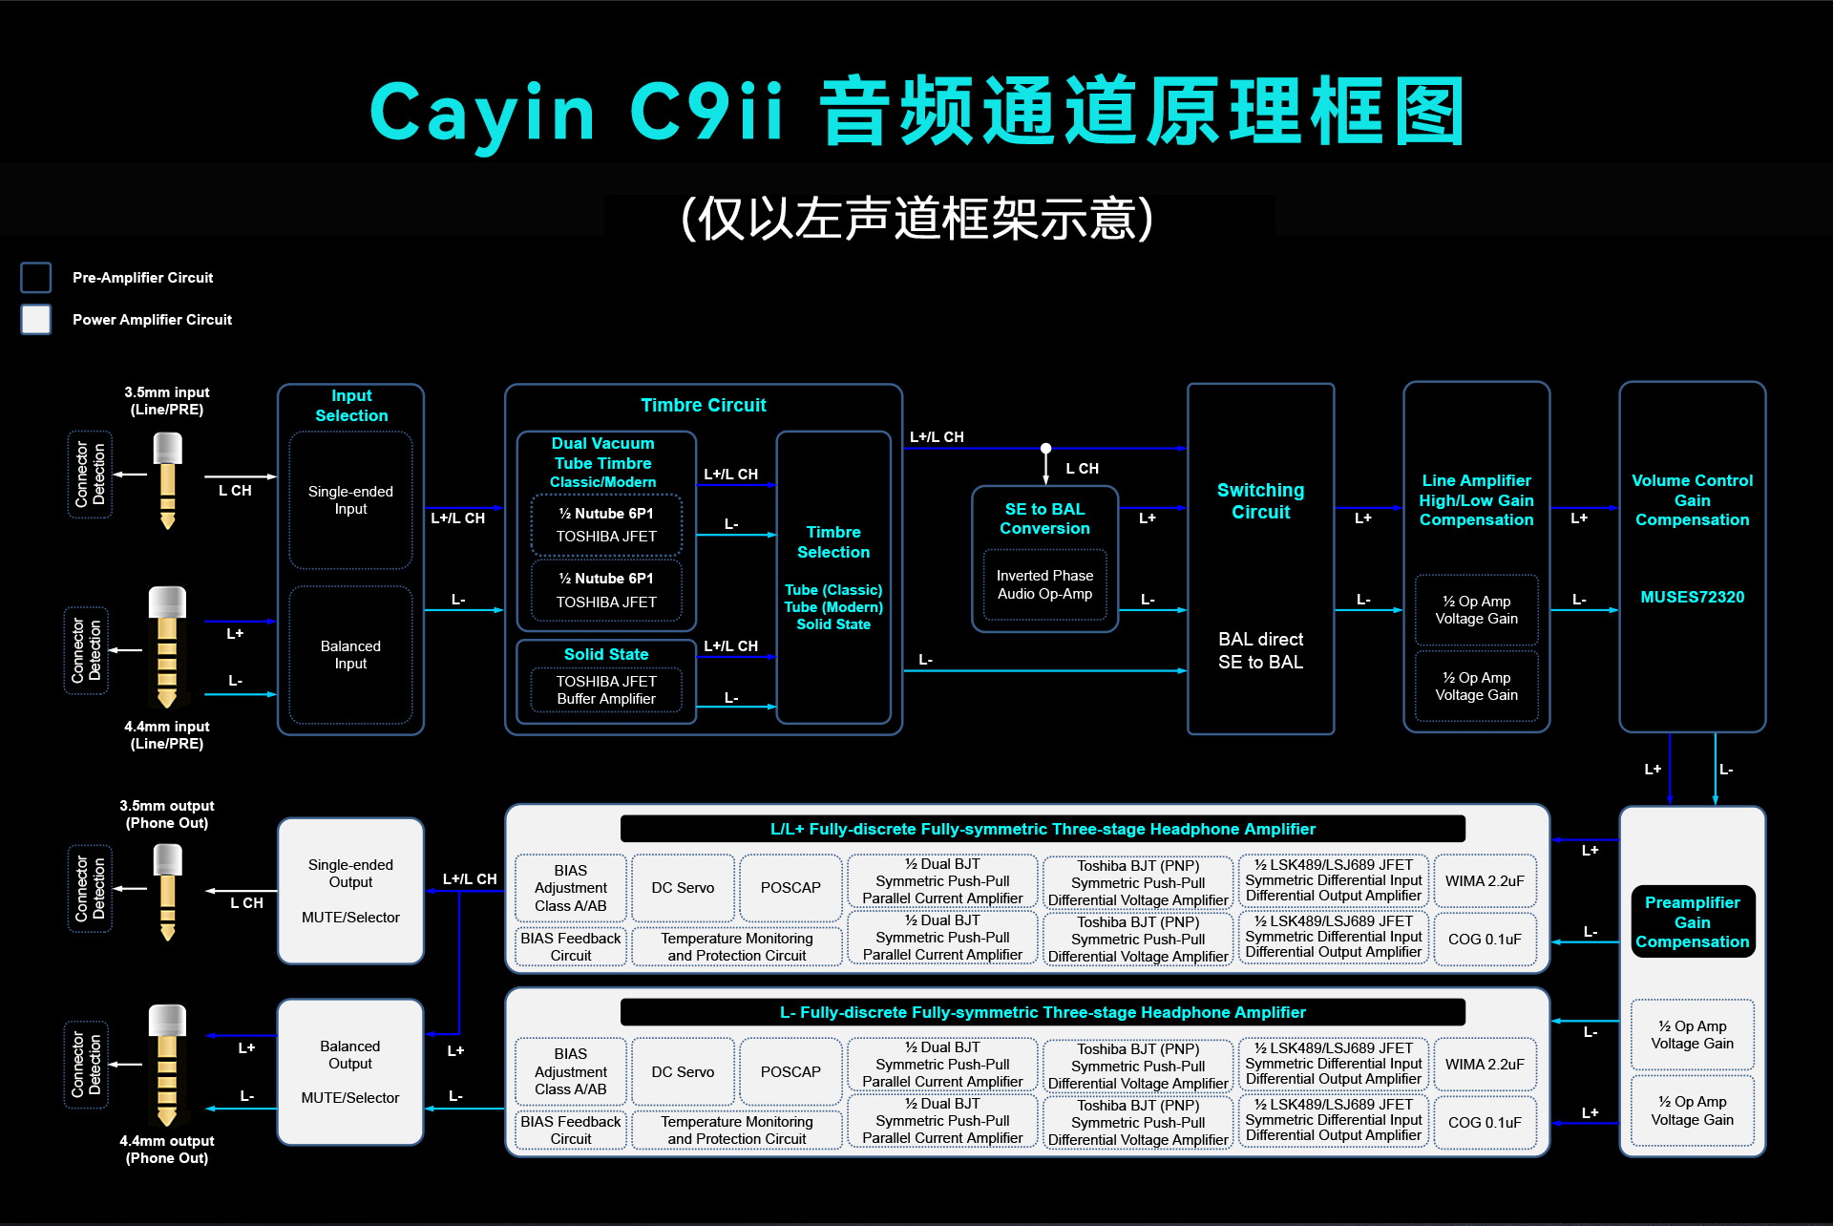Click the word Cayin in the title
pos(482,113)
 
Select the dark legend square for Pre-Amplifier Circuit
pos(36,277)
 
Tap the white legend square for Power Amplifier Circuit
pos(36,319)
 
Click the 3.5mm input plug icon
pos(168,477)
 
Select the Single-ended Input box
pos(350,500)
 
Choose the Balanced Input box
pos(350,655)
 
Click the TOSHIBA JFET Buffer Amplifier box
pos(606,690)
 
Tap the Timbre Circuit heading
pos(704,405)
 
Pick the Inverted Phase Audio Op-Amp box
pos(1044,584)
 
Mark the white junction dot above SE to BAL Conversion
pos(1045,448)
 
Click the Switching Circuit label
pos(1260,500)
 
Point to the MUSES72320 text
pos(1692,597)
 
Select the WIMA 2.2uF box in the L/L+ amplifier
pos(1485,881)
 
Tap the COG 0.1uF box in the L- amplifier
pos(1485,1122)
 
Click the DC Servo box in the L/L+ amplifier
pos(683,888)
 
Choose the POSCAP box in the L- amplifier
pos(790,1071)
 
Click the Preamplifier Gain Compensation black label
pos(1692,921)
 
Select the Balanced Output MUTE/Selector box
pos(350,1071)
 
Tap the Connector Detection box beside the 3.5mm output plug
pos(90,888)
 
